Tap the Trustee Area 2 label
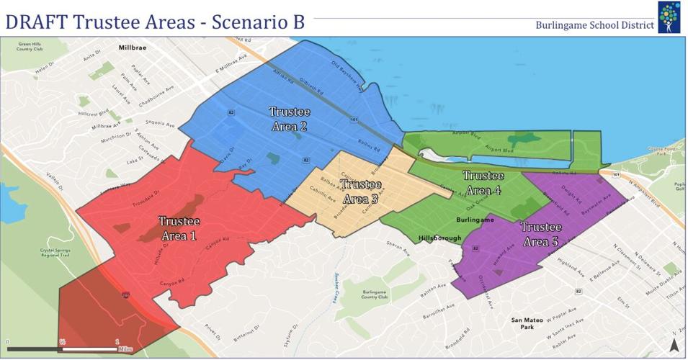click(289, 119)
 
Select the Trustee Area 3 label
click(361, 192)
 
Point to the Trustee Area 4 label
click(482, 183)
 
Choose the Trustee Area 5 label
click(540, 235)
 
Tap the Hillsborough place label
click(439, 238)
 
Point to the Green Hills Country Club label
click(31, 48)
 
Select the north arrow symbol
click(674, 343)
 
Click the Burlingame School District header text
click(594, 25)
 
